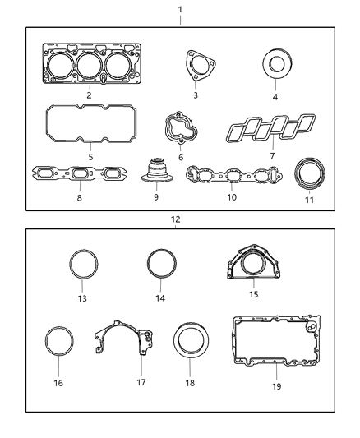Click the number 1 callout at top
pyautogui.click(x=180, y=9)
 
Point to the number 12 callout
pyautogui.click(x=175, y=219)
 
